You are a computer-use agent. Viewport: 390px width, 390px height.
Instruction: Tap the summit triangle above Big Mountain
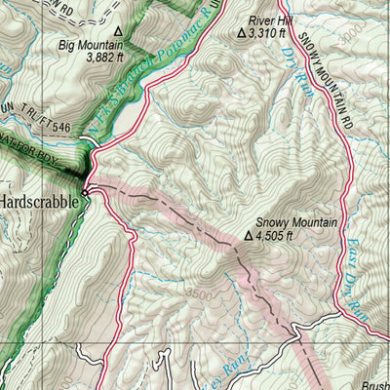click(x=118, y=30)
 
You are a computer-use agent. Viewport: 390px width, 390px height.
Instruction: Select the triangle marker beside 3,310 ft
click(x=243, y=33)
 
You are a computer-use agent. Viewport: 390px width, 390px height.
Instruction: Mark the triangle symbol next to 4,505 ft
click(x=249, y=235)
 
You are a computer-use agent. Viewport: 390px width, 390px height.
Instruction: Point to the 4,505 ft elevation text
click(x=276, y=235)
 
